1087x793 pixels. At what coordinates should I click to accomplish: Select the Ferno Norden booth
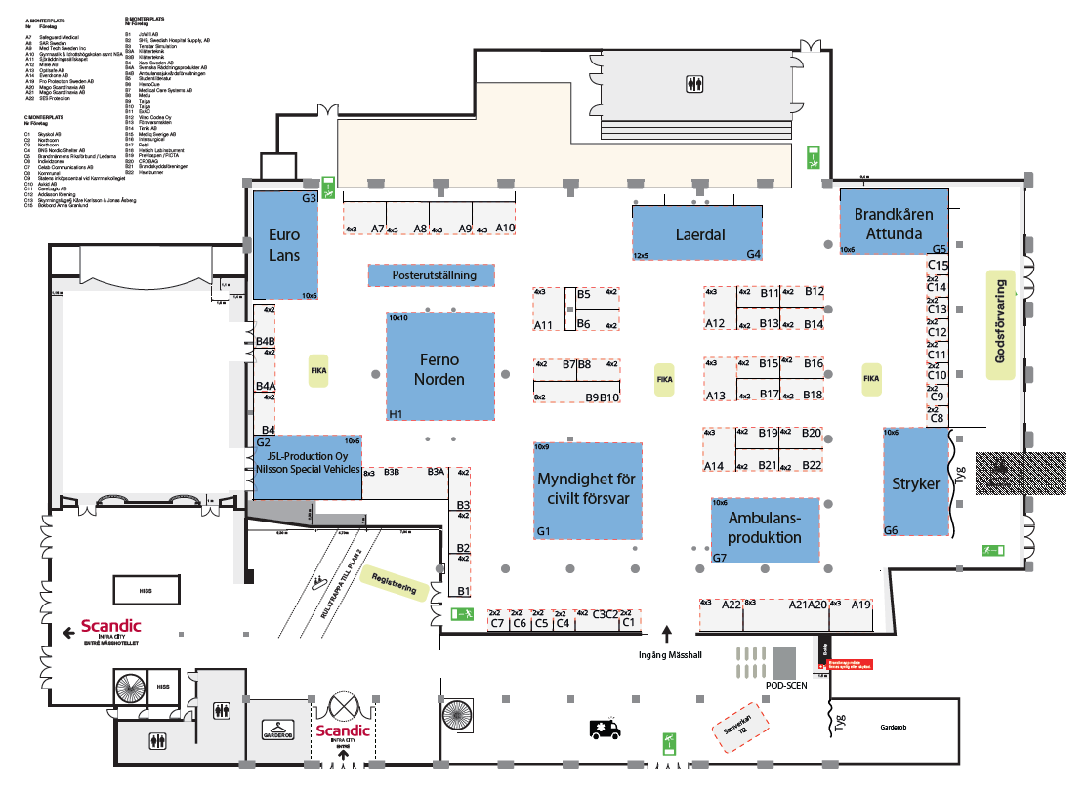(x=439, y=366)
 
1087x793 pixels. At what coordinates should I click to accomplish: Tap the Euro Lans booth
(x=285, y=245)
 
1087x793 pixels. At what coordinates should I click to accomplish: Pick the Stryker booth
(x=916, y=482)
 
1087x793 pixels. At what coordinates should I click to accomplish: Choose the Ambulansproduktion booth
(x=765, y=529)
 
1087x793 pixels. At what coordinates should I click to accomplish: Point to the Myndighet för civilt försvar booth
(x=587, y=489)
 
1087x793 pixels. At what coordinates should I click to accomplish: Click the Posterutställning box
(x=431, y=275)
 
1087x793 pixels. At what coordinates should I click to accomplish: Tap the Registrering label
(x=396, y=584)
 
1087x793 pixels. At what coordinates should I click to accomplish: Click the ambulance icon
(x=603, y=728)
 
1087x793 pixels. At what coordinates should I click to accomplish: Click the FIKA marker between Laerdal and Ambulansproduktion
(x=664, y=379)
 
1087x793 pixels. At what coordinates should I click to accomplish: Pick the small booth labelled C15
(x=939, y=265)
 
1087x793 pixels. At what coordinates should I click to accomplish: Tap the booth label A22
(x=732, y=605)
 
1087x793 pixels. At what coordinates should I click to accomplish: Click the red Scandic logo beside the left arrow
(x=110, y=626)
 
